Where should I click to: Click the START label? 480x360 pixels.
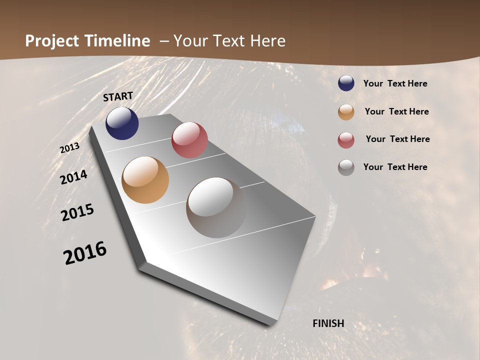point(118,96)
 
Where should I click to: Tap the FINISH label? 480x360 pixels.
point(328,323)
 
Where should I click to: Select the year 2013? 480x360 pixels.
point(69,148)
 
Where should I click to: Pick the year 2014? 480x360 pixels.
point(74,177)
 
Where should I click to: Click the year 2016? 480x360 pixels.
point(85,253)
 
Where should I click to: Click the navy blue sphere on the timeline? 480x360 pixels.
point(122,123)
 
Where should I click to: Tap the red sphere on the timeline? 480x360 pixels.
point(189,140)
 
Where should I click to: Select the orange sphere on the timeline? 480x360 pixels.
point(145,180)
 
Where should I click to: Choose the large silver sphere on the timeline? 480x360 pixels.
point(216,207)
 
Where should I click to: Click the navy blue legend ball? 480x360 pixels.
point(346,83)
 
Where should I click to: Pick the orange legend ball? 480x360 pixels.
point(346,111)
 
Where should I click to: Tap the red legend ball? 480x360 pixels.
point(346,139)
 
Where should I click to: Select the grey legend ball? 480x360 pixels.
point(346,167)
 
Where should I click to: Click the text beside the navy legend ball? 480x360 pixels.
point(395,84)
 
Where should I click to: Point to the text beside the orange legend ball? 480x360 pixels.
point(396,111)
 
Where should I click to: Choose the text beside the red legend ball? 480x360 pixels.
point(397,139)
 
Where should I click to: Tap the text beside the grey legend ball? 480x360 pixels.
point(395,167)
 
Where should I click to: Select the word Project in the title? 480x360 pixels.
point(52,41)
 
